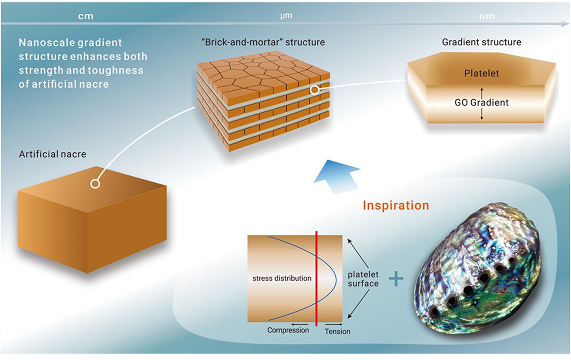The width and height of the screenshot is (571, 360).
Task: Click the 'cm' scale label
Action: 86,16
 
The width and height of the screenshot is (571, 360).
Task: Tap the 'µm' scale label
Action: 286,16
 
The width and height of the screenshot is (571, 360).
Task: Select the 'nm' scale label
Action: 487,16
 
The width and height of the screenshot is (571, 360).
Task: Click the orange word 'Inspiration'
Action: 396,205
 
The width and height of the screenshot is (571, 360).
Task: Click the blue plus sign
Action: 396,278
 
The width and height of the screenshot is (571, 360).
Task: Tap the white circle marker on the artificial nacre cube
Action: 95,184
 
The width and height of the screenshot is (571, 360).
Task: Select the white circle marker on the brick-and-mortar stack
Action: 315,90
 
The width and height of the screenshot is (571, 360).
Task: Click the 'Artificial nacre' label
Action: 53,154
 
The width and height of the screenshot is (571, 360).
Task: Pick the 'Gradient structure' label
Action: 481,42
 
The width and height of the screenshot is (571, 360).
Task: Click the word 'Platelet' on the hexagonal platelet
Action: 481,73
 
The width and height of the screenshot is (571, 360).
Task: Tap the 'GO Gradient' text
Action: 481,102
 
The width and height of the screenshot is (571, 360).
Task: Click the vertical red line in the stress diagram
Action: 316,278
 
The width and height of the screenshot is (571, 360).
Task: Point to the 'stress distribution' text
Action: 282,278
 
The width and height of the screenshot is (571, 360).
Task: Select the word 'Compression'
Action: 288,330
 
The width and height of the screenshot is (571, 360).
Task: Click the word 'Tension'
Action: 337,331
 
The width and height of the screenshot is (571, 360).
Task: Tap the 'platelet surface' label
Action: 363,279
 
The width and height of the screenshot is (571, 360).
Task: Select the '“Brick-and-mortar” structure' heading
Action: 263,42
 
